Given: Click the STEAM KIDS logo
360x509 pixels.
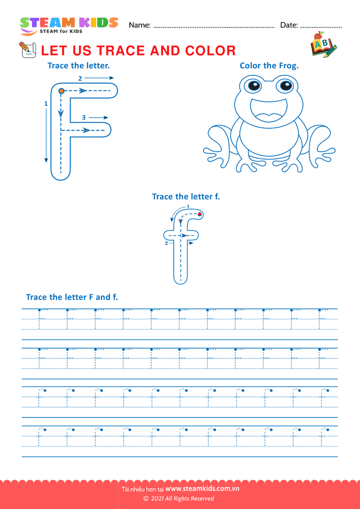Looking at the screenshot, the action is click(69, 25).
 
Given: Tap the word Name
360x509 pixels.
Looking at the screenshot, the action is click(140, 25).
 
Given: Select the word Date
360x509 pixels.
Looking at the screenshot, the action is click(289, 25).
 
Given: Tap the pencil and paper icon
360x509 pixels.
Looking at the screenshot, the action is click(27, 50).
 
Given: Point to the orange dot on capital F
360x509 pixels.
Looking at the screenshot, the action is click(61, 91).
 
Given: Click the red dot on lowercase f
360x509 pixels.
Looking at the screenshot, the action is click(200, 214).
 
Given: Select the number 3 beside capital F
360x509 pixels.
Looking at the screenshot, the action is click(84, 118).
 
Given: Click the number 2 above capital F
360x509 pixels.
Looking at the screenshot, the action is click(80, 78).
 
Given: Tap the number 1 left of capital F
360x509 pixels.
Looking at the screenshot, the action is click(46, 104).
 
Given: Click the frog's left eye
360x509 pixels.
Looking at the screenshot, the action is click(255, 86).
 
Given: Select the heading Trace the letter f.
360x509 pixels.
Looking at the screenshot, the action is click(186, 196).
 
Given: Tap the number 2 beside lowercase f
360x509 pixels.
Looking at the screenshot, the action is click(166, 243).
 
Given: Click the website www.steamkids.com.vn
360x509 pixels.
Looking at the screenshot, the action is click(202, 489).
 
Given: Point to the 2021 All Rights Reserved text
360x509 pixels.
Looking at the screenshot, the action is click(180, 499).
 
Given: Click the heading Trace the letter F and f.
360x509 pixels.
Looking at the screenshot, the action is click(72, 297).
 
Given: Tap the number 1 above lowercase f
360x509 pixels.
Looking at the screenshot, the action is click(188, 207).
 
